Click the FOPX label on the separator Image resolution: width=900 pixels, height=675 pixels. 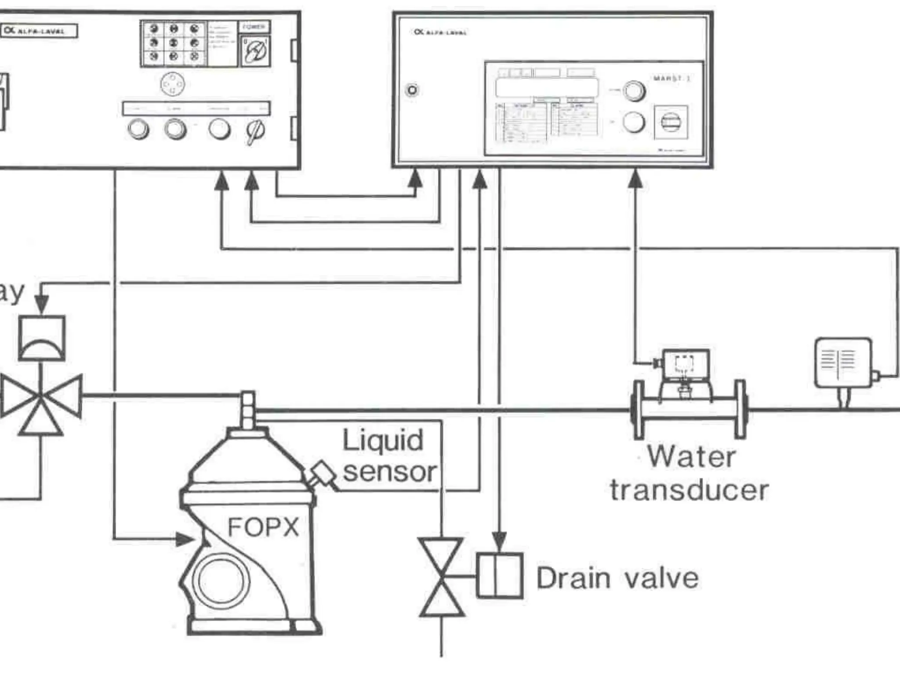coord(263,527)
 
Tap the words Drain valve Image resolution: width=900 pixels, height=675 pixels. coord(617,578)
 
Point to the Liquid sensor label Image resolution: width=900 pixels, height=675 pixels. coord(389,456)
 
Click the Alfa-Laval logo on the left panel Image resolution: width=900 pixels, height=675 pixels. coord(39,31)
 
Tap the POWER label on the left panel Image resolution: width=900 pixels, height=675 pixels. coord(254,27)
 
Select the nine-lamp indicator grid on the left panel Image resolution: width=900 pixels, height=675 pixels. coord(174,43)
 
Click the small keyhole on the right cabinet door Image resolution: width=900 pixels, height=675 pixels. coord(412,90)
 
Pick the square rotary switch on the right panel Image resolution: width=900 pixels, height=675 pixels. coord(671,122)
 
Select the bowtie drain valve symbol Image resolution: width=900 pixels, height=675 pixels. coord(441,577)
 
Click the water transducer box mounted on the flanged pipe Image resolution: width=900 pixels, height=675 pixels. coord(686,364)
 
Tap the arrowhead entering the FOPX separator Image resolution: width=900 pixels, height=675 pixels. coord(185,539)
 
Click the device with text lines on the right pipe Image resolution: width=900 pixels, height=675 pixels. coord(842,363)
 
